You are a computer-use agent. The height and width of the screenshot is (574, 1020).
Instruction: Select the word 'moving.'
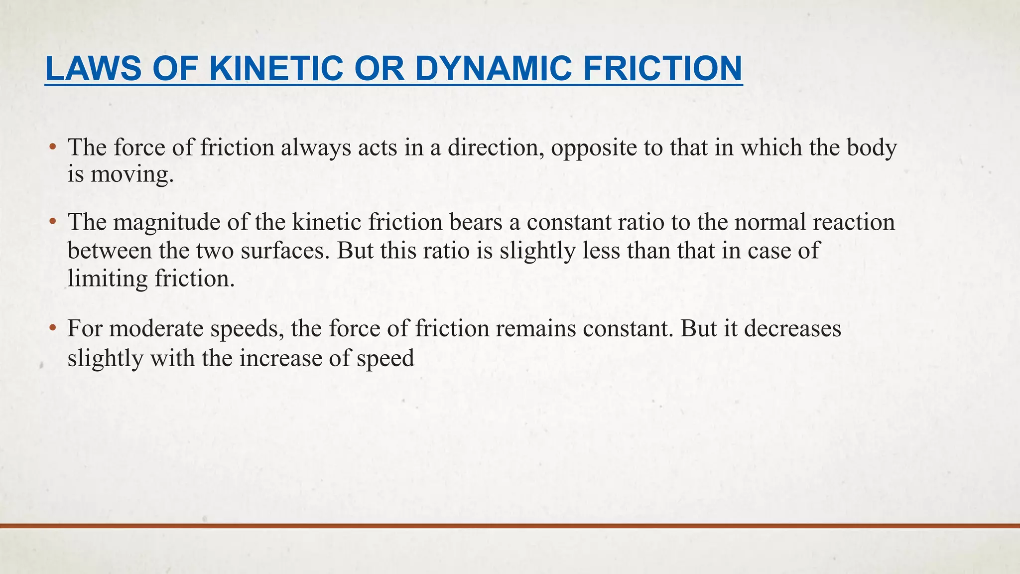coord(132,175)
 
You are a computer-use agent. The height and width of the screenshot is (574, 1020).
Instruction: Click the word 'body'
coord(872,148)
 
